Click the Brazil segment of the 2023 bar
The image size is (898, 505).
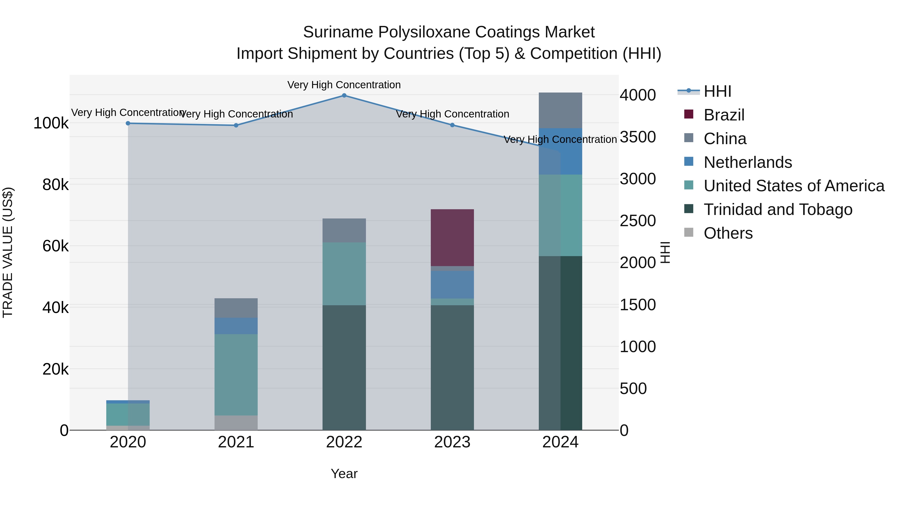tap(452, 238)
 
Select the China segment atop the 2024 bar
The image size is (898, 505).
tap(560, 110)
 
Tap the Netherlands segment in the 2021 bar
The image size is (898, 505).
tap(236, 326)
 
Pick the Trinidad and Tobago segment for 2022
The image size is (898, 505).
tap(344, 367)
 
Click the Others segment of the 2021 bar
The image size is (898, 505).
tap(236, 422)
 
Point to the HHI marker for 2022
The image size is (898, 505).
tap(344, 96)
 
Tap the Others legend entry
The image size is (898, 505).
tap(728, 233)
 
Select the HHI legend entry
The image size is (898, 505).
tap(717, 91)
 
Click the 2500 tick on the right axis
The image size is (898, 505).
tap(638, 221)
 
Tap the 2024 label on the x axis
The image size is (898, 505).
tap(560, 442)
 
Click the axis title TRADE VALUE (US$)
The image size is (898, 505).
tap(8, 252)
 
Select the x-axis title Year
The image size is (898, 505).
tap(344, 474)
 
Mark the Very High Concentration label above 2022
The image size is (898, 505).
tap(344, 85)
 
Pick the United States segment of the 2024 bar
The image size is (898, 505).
tap(560, 215)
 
